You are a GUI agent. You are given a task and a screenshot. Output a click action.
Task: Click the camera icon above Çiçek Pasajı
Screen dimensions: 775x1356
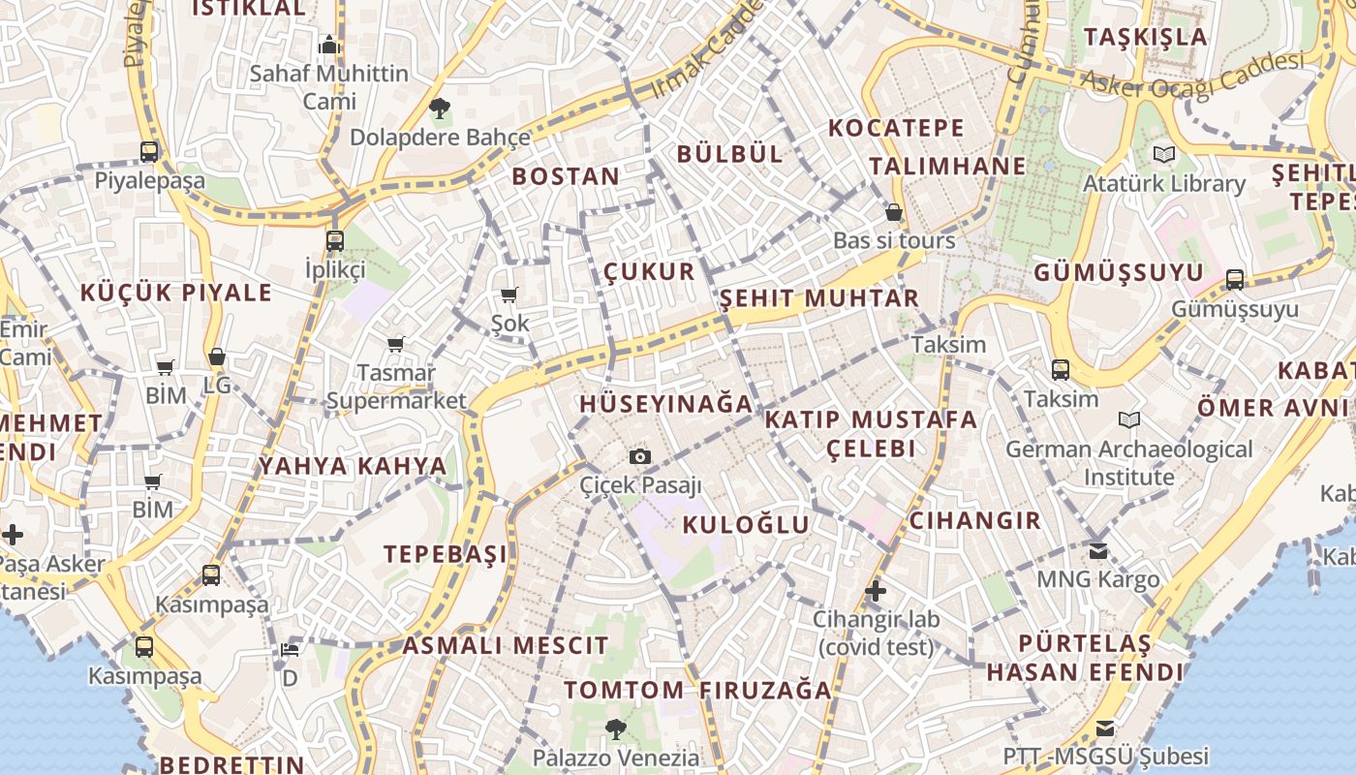(x=639, y=456)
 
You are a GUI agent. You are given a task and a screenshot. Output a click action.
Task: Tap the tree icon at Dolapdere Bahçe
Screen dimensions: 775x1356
(x=440, y=108)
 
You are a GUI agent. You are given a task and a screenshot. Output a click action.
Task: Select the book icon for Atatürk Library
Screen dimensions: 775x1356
(x=1164, y=154)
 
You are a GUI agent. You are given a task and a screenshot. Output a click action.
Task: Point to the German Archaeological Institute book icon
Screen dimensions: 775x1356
(x=1128, y=419)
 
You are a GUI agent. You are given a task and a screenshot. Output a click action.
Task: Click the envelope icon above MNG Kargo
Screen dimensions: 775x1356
(x=1097, y=550)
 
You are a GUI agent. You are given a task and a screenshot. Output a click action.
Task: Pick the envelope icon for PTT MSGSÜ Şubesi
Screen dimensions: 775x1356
(x=1104, y=728)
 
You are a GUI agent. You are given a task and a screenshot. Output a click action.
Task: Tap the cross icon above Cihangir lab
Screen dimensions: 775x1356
(x=876, y=590)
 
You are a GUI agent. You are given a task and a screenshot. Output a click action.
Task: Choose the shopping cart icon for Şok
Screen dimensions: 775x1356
(x=509, y=294)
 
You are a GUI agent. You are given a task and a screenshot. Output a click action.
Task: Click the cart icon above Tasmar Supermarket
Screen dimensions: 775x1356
(x=395, y=344)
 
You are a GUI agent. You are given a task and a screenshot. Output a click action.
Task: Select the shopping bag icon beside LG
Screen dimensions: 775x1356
(x=217, y=356)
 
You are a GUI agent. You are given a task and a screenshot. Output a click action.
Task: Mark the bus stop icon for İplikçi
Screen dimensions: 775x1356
(x=335, y=240)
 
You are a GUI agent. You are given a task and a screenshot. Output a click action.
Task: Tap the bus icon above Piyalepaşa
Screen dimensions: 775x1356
(x=149, y=152)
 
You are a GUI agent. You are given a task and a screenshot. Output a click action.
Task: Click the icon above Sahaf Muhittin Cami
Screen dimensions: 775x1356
(x=329, y=45)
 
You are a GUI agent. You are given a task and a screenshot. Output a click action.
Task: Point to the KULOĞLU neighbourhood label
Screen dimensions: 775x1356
(x=746, y=525)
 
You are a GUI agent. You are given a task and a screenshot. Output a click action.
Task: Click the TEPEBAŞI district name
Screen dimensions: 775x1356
(x=446, y=554)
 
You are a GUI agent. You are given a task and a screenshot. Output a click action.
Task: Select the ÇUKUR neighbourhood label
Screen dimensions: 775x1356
(x=649, y=271)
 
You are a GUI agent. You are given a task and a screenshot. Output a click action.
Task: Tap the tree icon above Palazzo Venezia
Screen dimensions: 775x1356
(x=615, y=728)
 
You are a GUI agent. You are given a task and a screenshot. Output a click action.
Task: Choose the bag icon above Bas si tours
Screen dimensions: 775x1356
(x=894, y=211)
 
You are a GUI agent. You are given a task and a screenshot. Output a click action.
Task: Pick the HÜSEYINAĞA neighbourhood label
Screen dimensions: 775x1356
(x=666, y=404)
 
